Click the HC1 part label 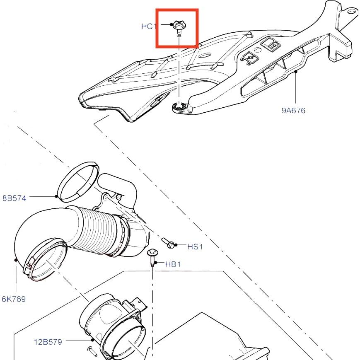click(148, 26)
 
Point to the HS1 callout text click(195, 246)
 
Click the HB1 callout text click(173, 264)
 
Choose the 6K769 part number click(14, 299)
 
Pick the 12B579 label click(48, 342)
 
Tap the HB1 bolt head click(152, 252)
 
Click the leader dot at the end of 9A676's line click(296, 71)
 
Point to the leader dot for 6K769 click(16, 260)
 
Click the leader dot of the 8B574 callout click(56, 196)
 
